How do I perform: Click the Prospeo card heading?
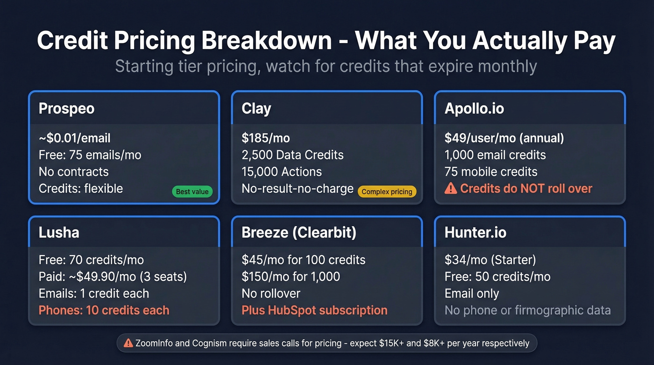(66, 108)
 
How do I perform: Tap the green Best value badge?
(192, 192)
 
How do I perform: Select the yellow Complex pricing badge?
(387, 192)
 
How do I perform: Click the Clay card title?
(256, 108)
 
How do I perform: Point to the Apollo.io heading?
(474, 108)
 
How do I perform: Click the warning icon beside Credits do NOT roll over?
(450, 188)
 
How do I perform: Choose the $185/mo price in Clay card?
(266, 138)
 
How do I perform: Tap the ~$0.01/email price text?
(75, 138)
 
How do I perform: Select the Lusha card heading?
(59, 232)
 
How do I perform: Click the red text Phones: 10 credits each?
(104, 310)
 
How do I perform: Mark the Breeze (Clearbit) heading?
(299, 232)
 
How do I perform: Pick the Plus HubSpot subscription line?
(314, 310)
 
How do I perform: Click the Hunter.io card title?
(475, 232)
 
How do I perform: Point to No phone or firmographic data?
(527, 310)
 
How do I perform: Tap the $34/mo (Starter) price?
(490, 260)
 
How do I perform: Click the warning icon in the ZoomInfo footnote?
(128, 343)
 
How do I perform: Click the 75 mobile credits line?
(491, 172)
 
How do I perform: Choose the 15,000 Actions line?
(282, 172)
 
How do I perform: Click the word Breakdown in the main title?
(267, 41)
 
